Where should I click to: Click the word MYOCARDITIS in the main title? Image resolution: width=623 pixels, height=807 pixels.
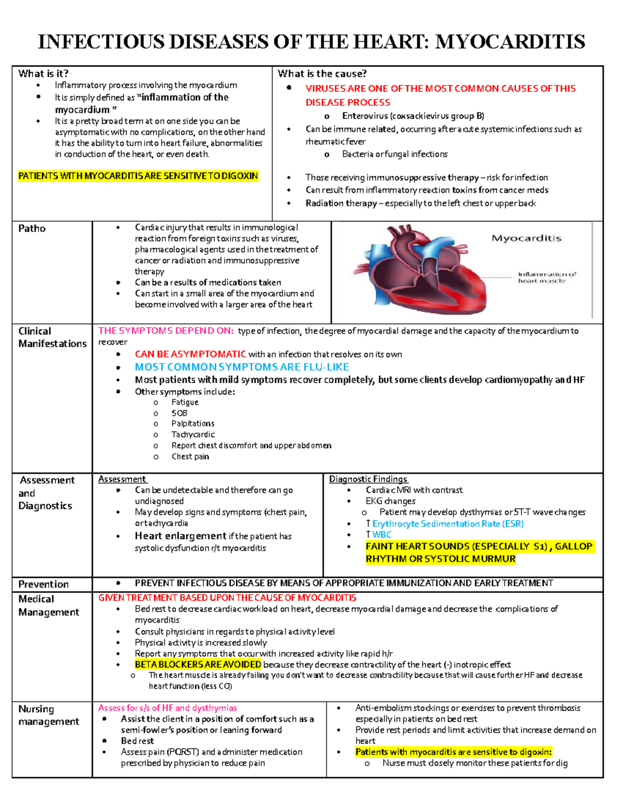(510, 42)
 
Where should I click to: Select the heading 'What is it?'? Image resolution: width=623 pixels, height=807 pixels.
(43, 74)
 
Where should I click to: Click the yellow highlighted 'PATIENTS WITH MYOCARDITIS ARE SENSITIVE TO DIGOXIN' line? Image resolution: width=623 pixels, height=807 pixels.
(138, 176)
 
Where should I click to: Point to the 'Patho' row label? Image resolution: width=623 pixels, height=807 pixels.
(32, 229)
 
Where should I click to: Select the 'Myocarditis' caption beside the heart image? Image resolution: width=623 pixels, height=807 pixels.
(526, 239)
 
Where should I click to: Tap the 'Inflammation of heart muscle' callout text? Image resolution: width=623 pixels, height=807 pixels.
(547, 277)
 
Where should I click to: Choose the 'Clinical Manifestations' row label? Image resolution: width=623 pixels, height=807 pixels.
(52, 337)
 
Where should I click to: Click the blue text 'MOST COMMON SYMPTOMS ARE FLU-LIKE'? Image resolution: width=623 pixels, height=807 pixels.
(242, 367)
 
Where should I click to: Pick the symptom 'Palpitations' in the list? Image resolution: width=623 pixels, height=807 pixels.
(193, 424)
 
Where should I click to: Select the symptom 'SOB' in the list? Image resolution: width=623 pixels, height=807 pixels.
(179, 413)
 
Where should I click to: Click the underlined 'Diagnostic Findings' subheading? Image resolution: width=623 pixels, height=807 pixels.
(368, 479)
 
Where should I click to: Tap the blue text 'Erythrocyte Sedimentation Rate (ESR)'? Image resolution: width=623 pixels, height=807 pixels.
(448, 524)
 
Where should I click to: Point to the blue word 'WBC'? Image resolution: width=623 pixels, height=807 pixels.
(382, 535)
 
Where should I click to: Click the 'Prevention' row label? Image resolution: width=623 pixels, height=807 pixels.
(43, 584)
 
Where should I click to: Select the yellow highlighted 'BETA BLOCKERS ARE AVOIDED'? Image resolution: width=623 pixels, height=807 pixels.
(198, 665)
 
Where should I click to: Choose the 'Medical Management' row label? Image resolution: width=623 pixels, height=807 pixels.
(48, 605)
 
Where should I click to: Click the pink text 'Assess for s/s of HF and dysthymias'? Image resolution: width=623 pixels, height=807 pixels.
(167, 708)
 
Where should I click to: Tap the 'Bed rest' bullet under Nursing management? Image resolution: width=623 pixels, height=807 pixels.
(137, 741)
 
